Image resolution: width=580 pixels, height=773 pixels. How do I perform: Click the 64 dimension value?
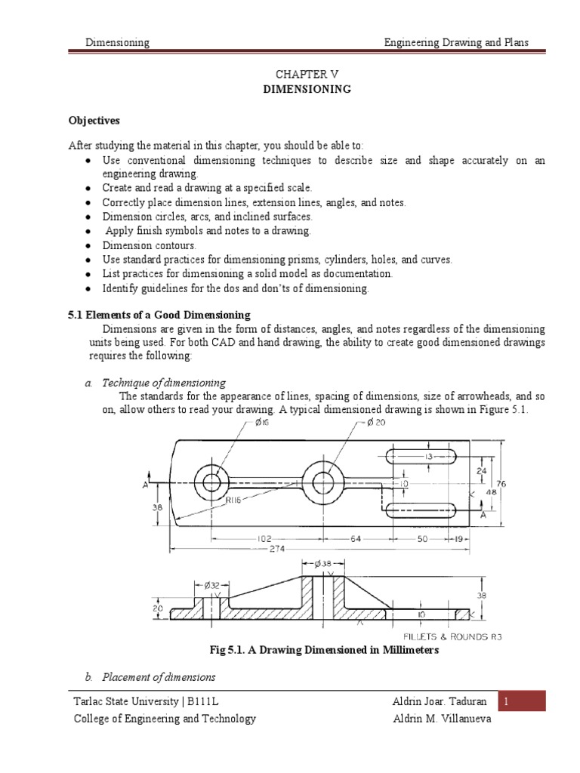[x=354, y=539]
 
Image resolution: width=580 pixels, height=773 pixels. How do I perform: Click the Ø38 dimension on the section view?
[x=323, y=563]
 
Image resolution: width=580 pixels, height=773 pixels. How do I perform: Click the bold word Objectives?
[x=94, y=120]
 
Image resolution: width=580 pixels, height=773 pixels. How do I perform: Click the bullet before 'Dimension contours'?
[x=89, y=245]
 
